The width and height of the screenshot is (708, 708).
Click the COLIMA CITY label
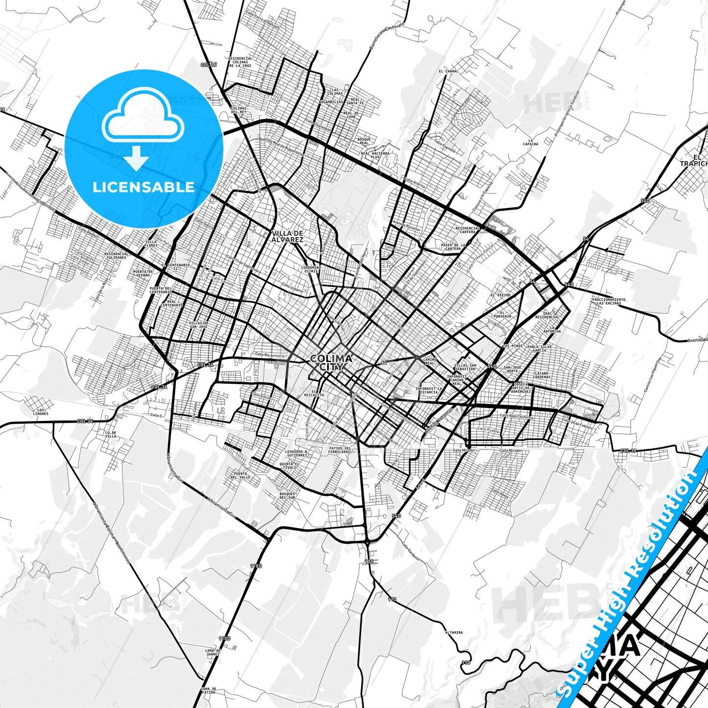pos(331,363)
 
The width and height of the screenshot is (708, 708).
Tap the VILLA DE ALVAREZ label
pos(288,236)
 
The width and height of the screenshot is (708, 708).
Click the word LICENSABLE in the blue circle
pos(144,187)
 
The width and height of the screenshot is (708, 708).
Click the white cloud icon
pos(143,115)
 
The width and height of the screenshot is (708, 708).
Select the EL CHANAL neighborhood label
pos(448,71)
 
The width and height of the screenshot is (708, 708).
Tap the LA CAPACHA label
pos(530,142)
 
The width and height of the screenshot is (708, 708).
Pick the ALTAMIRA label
pos(454,632)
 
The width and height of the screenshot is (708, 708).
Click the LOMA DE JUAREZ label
pos(213,652)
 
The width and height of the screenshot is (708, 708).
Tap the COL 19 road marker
pos(628,450)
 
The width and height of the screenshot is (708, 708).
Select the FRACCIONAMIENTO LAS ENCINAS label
pos(609,301)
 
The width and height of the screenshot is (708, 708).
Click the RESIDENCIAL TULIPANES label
pos(116,255)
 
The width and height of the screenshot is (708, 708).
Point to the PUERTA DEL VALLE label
pos(241,474)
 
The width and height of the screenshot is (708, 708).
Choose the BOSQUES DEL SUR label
pos(287,495)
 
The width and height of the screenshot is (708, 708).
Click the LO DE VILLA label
pos(111,434)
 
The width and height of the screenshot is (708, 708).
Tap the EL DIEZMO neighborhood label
pos(500,295)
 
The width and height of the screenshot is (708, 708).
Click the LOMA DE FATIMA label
pos(208,691)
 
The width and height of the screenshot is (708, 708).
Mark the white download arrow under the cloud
pos(137,158)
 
